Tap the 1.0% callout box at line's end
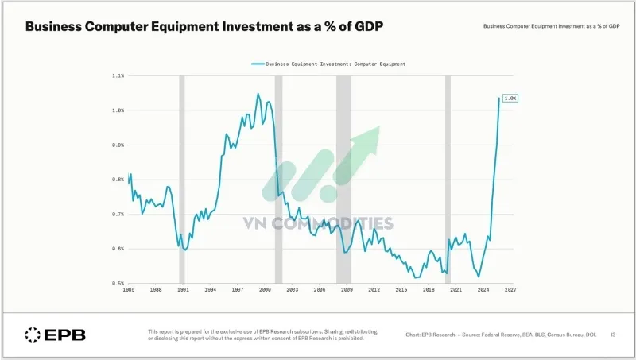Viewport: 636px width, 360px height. [x=510, y=98]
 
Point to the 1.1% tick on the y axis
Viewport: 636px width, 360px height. [x=118, y=76]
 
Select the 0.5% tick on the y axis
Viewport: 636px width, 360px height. [x=118, y=283]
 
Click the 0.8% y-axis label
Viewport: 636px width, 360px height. [x=118, y=180]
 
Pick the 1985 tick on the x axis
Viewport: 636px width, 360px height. [x=129, y=291]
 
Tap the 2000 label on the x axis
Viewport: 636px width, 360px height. [x=265, y=291]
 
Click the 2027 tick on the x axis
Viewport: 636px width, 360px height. [x=510, y=291]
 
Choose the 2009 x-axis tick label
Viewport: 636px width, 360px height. [x=347, y=291]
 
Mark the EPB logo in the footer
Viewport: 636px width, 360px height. [x=55, y=335]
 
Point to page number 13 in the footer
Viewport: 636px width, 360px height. [x=613, y=335]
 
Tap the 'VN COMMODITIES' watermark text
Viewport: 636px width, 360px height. [x=319, y=223]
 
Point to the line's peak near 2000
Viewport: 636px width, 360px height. [x=258, y=94]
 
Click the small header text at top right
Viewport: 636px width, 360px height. [x=552, y=27]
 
